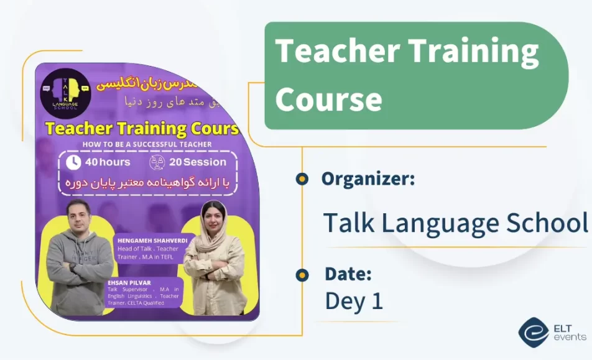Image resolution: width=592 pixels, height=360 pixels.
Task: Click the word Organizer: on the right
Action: tap(368, 179)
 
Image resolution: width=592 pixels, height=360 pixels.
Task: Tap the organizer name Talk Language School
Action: tap(456, 222)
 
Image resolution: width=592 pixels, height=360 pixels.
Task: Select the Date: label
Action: tap(348, 274)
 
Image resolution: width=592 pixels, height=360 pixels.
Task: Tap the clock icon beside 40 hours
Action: tap(73, 162)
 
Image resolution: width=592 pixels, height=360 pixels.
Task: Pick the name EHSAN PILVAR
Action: tap(125, 283)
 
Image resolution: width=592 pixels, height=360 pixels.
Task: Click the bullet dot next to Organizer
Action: tap(302, 179)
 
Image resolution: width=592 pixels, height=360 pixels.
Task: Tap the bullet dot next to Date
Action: tap(302, 274)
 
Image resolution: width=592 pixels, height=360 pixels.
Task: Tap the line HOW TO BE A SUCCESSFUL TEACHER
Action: tap(147, 144)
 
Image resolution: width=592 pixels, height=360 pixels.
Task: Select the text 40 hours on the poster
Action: tap(108, 162)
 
